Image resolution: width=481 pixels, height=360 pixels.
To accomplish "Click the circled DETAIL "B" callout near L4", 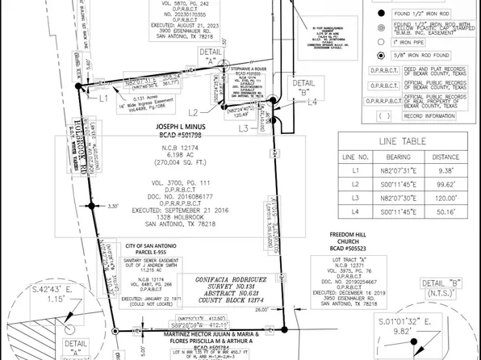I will (x=304, y=84).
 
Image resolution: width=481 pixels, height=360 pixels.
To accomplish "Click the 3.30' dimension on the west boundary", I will (x=114, y=207).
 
